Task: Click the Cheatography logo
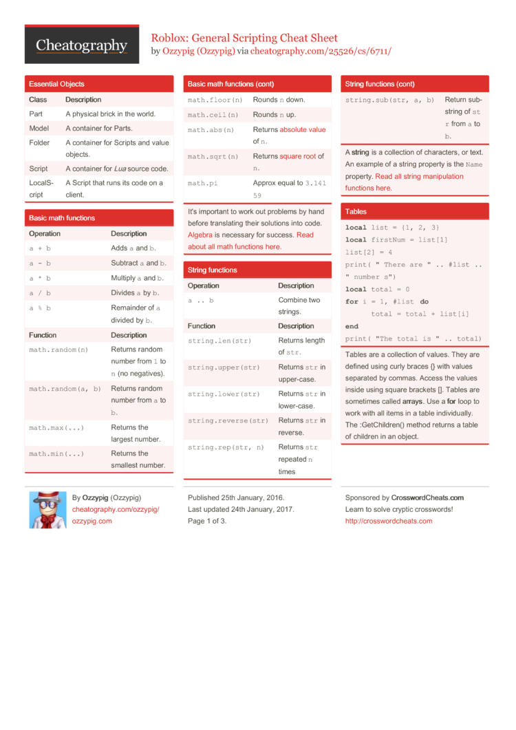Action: tap(82, 45)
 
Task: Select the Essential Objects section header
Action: tap(56, 84)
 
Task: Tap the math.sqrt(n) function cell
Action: tap(213, 156)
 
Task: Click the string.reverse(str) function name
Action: tap(228, 420)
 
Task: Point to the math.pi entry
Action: tap(203, 183)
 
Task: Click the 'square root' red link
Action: tap(297, 156)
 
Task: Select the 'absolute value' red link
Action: tap(303, 129)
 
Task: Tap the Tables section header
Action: tap(356, 212)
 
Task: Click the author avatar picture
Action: tap(47, 510)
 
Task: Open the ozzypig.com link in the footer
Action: tap(92, 521)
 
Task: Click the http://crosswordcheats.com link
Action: tap(389, 521)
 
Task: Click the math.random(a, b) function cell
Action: tap(65, 389)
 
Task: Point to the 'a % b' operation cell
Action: tap(40, 308)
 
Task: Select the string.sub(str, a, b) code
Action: tap(389, 100)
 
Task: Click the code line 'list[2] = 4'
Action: tap(369, 253)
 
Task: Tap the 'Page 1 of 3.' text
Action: tap(207, 521)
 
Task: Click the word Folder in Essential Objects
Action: tap(39, 142)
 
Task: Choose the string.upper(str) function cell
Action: tap(224, 367)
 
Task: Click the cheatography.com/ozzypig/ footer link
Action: tap(116, 509)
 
